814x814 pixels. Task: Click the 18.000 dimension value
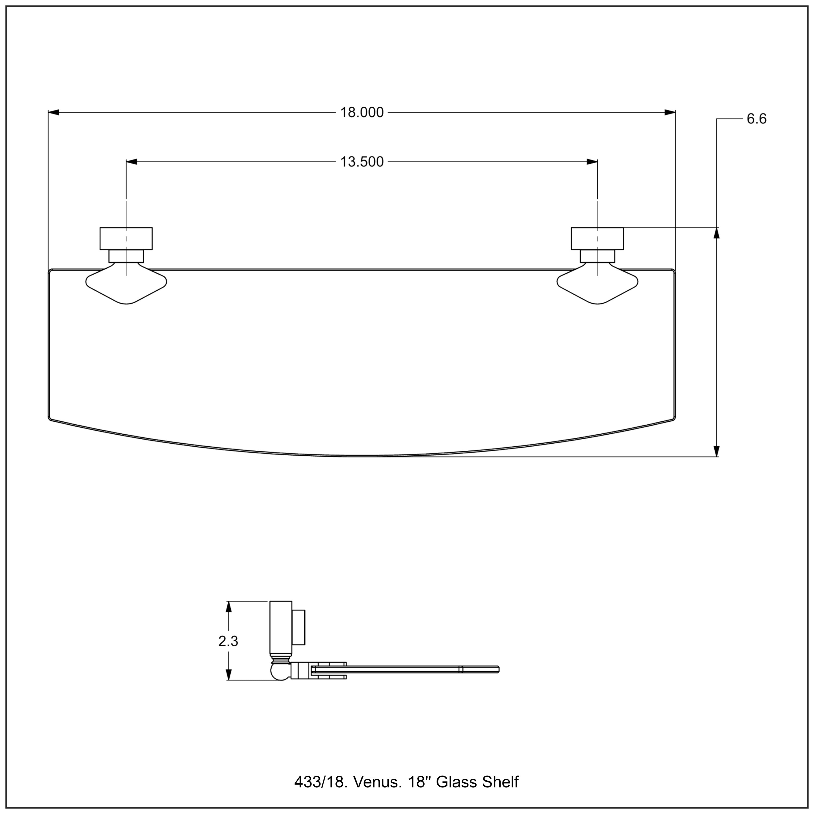pyautogui.click(x=362, y=113)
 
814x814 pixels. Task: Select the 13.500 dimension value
pyautogui.click(x=362, y=162)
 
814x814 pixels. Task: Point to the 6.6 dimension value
pyautogui.click(x=757, y=119)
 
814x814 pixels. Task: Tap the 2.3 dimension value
pyautogui.click(x=228, y=641)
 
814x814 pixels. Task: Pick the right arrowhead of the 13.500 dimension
pyautogui.click(x=592, y=162)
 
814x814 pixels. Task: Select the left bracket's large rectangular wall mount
pyautogui.click(x=126, y=239)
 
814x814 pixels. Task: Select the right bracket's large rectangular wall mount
pyautogui.click(x=597, y=239)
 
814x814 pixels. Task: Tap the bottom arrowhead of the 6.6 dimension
pyautogui.click(x=717, y=451)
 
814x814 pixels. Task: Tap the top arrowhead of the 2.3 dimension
pyautogui.click(x=228, y=607)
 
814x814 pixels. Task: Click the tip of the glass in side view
pyautogui.click(x=498, y=669)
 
